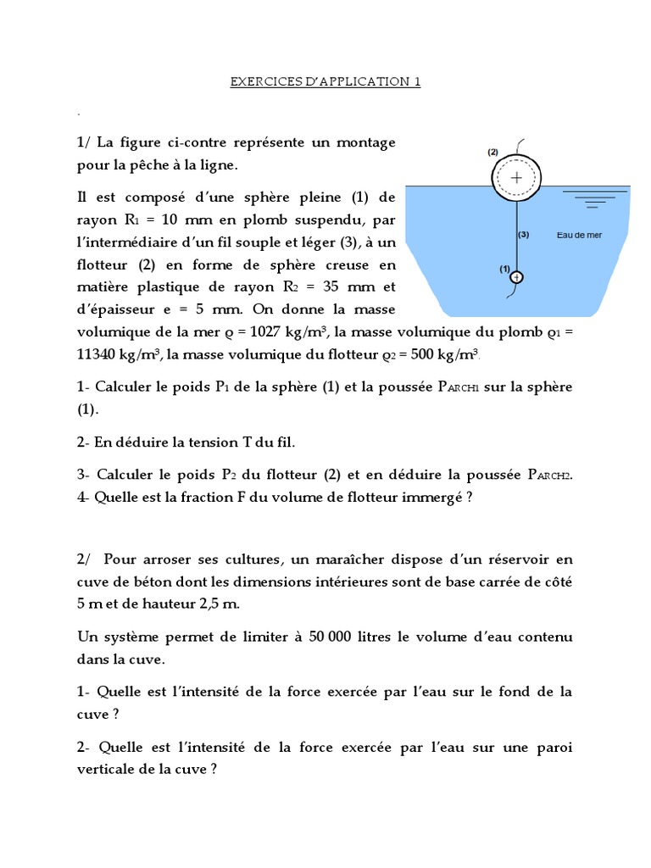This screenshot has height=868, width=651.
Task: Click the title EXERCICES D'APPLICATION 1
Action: point(325,82)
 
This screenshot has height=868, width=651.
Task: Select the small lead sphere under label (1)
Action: point(516,277)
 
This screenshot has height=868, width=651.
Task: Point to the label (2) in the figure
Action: point(492,152)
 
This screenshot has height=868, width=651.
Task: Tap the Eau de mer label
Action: point(579,235)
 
